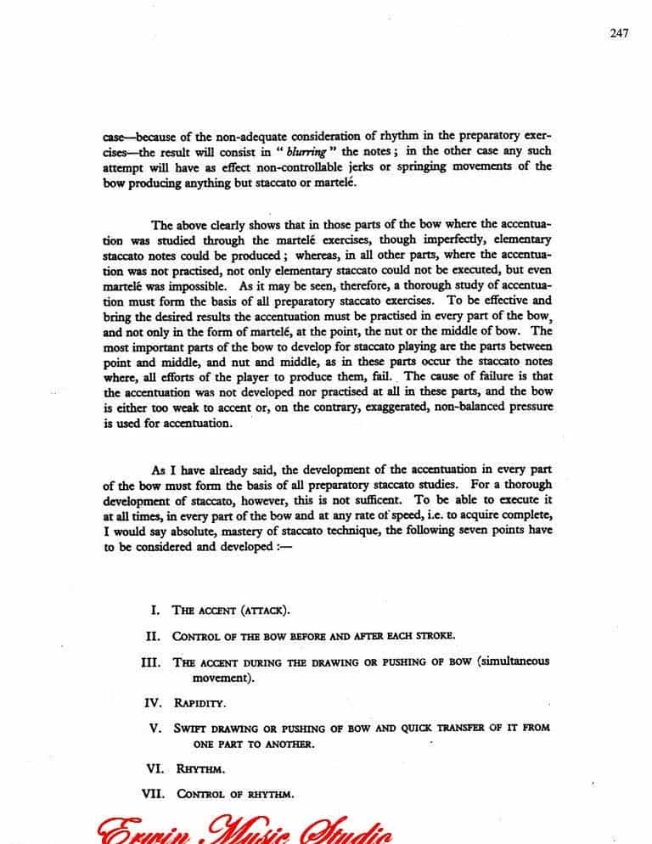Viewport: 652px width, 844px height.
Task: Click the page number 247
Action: tap(618, 33)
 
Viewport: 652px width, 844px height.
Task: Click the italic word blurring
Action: tap(305, 151)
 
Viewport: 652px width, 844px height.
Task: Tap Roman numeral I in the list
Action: tap(155, 610)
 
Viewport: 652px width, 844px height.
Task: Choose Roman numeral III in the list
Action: tap(149, 662)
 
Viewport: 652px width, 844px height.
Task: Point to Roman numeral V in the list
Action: tap(155, 728)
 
